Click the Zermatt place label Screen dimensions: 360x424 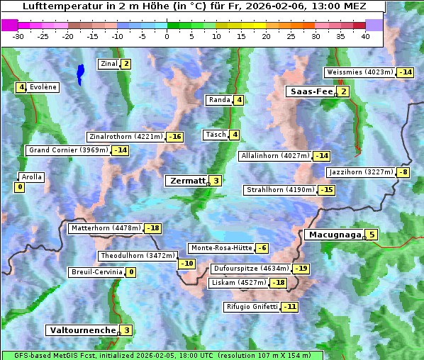click(186, 181)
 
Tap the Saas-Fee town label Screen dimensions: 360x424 click(310, 91)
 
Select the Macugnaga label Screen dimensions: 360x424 click(333, 235)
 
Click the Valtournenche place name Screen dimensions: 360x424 click(82, 330)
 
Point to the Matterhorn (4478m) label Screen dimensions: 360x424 click(106, 228)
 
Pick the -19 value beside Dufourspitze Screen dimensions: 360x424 click(301, 269)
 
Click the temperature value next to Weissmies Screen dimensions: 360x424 click(406, 72)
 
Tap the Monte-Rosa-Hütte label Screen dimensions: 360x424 click(221, 248)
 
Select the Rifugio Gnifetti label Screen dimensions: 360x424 click(252, 307)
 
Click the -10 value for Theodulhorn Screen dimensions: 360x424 click(186, 264)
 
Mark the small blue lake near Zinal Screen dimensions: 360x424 click(80, 72)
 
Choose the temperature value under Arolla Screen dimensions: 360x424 click(19, 188)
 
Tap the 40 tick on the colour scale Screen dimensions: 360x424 click(365, 36)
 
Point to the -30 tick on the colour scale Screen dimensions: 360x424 click(18, 36)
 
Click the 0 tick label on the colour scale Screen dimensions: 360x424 click(167, 36)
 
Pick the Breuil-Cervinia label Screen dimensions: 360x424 click(96, 272)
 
